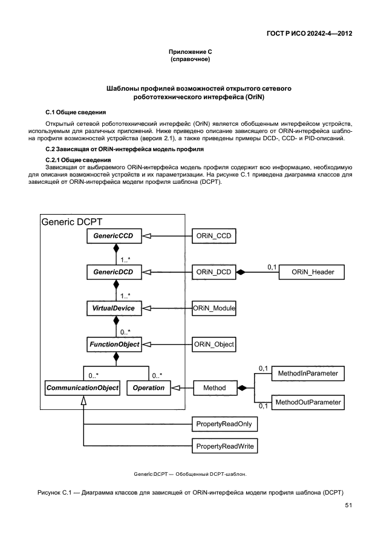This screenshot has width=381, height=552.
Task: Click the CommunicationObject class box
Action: click(x=82, y=388)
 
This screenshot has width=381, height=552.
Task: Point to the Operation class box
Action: click(x=148, y=388)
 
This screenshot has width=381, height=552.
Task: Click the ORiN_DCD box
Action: click(x=213, y=273)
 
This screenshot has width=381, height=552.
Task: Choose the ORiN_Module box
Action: click(x=213, y=308)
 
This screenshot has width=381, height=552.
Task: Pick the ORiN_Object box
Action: click(x=213, y=345)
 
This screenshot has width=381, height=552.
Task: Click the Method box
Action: click(x=214, y=388)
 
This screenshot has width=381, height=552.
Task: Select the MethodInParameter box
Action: click(x=308, y=374)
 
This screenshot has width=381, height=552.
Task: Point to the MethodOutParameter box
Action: click(x=308, y=401)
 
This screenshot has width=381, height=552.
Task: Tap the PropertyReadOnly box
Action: click(x=224, y=425)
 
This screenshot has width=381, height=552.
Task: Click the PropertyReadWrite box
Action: click(x=224, y=447)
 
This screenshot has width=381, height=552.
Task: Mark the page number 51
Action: click(x=348, y=505)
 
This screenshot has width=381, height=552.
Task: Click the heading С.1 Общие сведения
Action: click(x=76, y=112)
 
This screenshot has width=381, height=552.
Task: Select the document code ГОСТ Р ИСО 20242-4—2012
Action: click(x=309, y=34)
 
